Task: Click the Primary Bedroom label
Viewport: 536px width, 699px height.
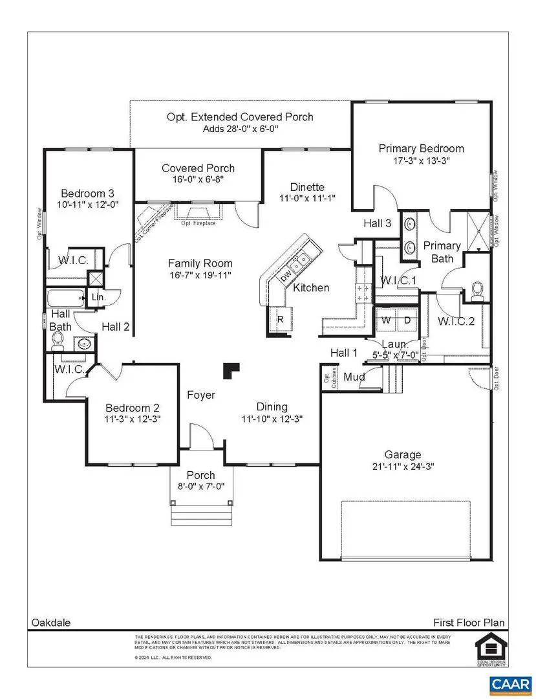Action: [x=421, y=148]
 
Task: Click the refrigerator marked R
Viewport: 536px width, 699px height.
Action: [x=281, y=320]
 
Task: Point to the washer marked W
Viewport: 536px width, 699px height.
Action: [x=386, y=320]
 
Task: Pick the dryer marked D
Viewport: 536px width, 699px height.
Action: [x=407, y=320]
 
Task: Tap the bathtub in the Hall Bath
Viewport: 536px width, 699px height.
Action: [x=65, y=298]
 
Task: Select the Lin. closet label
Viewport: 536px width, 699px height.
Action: [x=99, y=297]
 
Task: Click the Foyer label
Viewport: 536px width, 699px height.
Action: [x=201, y=395]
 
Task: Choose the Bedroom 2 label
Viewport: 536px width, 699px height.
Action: [x=133, y=408]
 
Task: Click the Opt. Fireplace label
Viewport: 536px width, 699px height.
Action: [x=198, y=223]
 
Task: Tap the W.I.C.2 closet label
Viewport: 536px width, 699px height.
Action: [x=456, y=321]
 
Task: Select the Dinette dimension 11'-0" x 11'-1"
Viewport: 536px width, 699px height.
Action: [x=306, y=197]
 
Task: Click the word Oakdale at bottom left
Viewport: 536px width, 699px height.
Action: [x=51, y=623]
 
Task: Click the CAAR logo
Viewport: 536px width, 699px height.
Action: [x=511, y=683]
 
